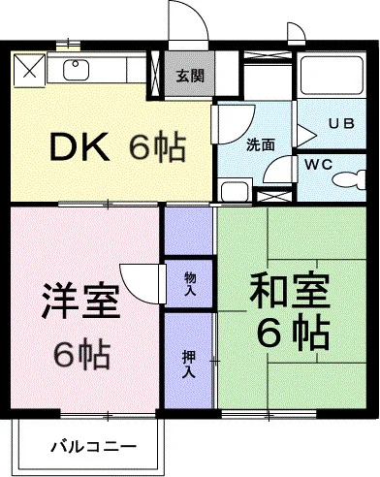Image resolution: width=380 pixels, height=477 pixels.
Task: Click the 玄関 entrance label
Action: click(x=190, y=77)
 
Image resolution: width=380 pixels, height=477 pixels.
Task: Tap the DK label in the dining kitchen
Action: click(x=79, y=147)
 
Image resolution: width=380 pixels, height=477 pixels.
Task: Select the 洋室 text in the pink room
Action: click(x=80, y=301)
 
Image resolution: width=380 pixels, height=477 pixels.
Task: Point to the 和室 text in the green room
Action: click(x=290, y=291)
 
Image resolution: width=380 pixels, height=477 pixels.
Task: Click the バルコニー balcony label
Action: click(x=94, y=447)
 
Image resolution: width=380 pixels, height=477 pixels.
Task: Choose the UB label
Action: click(x=342, y=123)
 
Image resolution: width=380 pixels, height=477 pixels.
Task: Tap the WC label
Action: click(x=319, y=165)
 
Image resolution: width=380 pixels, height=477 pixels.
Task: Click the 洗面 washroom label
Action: click(x=261, y=144)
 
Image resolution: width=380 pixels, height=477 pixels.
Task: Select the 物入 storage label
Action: click(x=190, y=284)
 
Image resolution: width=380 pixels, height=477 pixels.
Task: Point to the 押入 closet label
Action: click(x=189, y=365)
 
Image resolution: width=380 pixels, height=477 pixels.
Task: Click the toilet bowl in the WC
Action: click(x=349, y=178)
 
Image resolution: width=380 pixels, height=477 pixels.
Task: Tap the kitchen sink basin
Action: click(x=76, y=71)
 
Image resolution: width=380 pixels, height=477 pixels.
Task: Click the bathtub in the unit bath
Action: click(x=331, y=76)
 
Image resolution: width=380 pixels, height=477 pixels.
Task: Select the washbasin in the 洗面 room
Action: click(x=235, y=191)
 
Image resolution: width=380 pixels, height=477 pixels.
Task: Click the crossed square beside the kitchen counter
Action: click(x=29, y=71)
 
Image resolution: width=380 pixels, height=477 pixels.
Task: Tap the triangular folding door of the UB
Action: click(x=305, y=136)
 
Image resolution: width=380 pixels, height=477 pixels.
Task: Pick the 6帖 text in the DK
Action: click(x=157, y=147)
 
